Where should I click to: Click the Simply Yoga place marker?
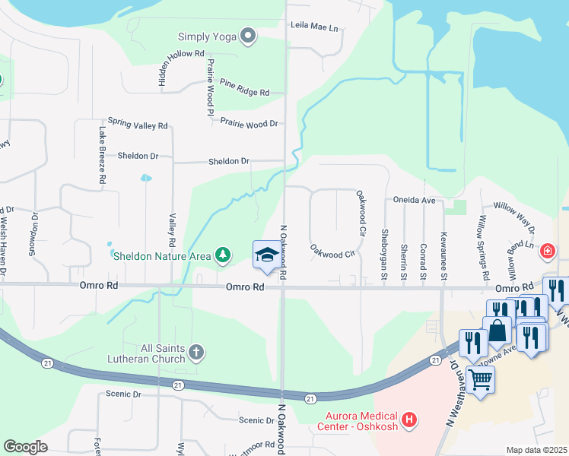(x=247, y=36)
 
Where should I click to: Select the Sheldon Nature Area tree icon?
(x=222, y=255)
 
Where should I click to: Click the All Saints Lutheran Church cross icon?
(x=195, y=352)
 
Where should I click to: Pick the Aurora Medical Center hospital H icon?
(x=409, y=420)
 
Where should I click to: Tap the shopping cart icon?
(x=480, y=378)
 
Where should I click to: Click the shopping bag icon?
(x=498, y=331)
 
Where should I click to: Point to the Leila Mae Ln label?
(x=313, y=27)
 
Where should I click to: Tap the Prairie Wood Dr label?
(x=249, y=122)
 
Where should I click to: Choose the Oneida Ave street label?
(x=414, y=201)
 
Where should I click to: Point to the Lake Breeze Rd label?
(x=101, y=157)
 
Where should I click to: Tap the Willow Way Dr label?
(x=514, y=217)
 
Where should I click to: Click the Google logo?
(x=25, y=447)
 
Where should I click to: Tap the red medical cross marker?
(x=547, y=251)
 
